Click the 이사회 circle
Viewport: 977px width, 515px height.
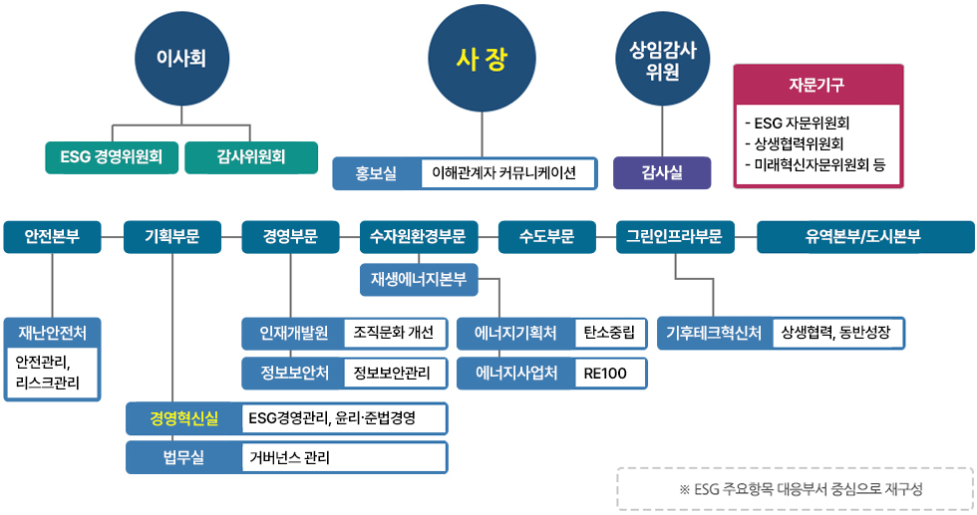tap(180, 58)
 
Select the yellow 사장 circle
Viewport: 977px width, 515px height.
tap(483, 59)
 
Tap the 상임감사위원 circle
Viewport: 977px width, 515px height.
tap(663, 59)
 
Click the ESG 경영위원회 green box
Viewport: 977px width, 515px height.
tap(112, 157)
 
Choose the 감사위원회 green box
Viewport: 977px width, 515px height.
tap(251, 157)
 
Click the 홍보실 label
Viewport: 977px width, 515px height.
tap(376, 173)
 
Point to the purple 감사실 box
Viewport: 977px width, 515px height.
tap(662, 172)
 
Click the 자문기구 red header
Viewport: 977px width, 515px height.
tap(817, 85)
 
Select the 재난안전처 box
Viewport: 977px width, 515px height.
tap(53, 332)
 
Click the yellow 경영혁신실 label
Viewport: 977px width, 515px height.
tap(183, 418)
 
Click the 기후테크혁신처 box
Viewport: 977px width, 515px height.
tap(714, 333)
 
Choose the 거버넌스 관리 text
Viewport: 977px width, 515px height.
tap(290, 457)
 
